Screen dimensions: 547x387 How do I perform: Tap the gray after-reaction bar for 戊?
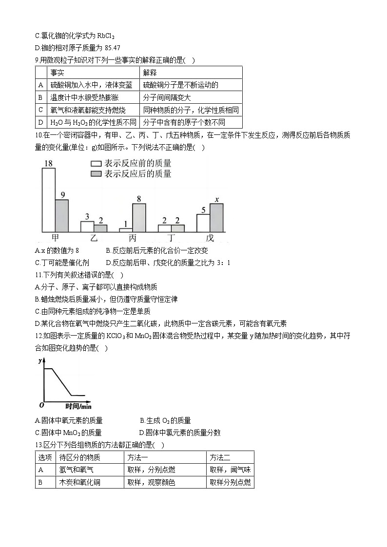(216, 217)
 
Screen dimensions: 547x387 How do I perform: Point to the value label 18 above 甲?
(48, 164)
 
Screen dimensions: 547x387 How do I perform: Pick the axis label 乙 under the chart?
(94, 238)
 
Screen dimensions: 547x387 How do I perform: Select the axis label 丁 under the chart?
(171, 238)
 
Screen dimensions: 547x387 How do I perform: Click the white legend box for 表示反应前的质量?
(96, 164)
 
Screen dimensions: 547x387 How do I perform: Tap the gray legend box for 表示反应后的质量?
(96, 174)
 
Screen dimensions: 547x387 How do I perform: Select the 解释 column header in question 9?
(150, 73)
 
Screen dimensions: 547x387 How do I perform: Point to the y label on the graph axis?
(39, 360)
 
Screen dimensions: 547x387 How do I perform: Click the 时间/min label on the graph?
(78, 406)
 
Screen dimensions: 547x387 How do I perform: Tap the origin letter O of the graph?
(41, 405)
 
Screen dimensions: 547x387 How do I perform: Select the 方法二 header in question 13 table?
(220, 457)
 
